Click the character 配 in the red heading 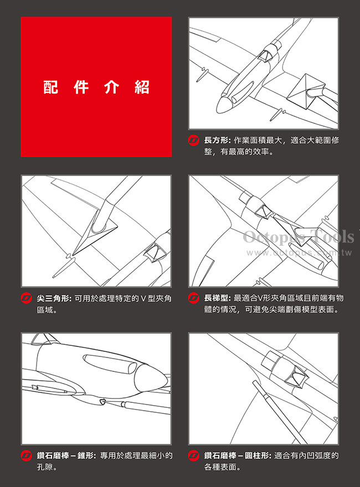tap(50, 87)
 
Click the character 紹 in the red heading tap(142, 87)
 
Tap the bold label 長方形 tap(217, 141)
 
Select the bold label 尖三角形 tap(54, 298)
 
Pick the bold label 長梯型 tap(217, 298)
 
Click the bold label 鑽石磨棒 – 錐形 tap(66, 455)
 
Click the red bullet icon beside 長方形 tap(194, 141)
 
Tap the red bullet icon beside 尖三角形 tap(26, 298)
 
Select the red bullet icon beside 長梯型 tap(194, 298)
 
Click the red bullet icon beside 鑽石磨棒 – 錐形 tap(26, 455)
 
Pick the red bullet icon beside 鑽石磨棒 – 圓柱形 tap(194, 455)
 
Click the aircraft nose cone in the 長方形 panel tap(224, 105)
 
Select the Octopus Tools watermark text tap(299, 237)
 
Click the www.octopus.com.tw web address tap(300, 252)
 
